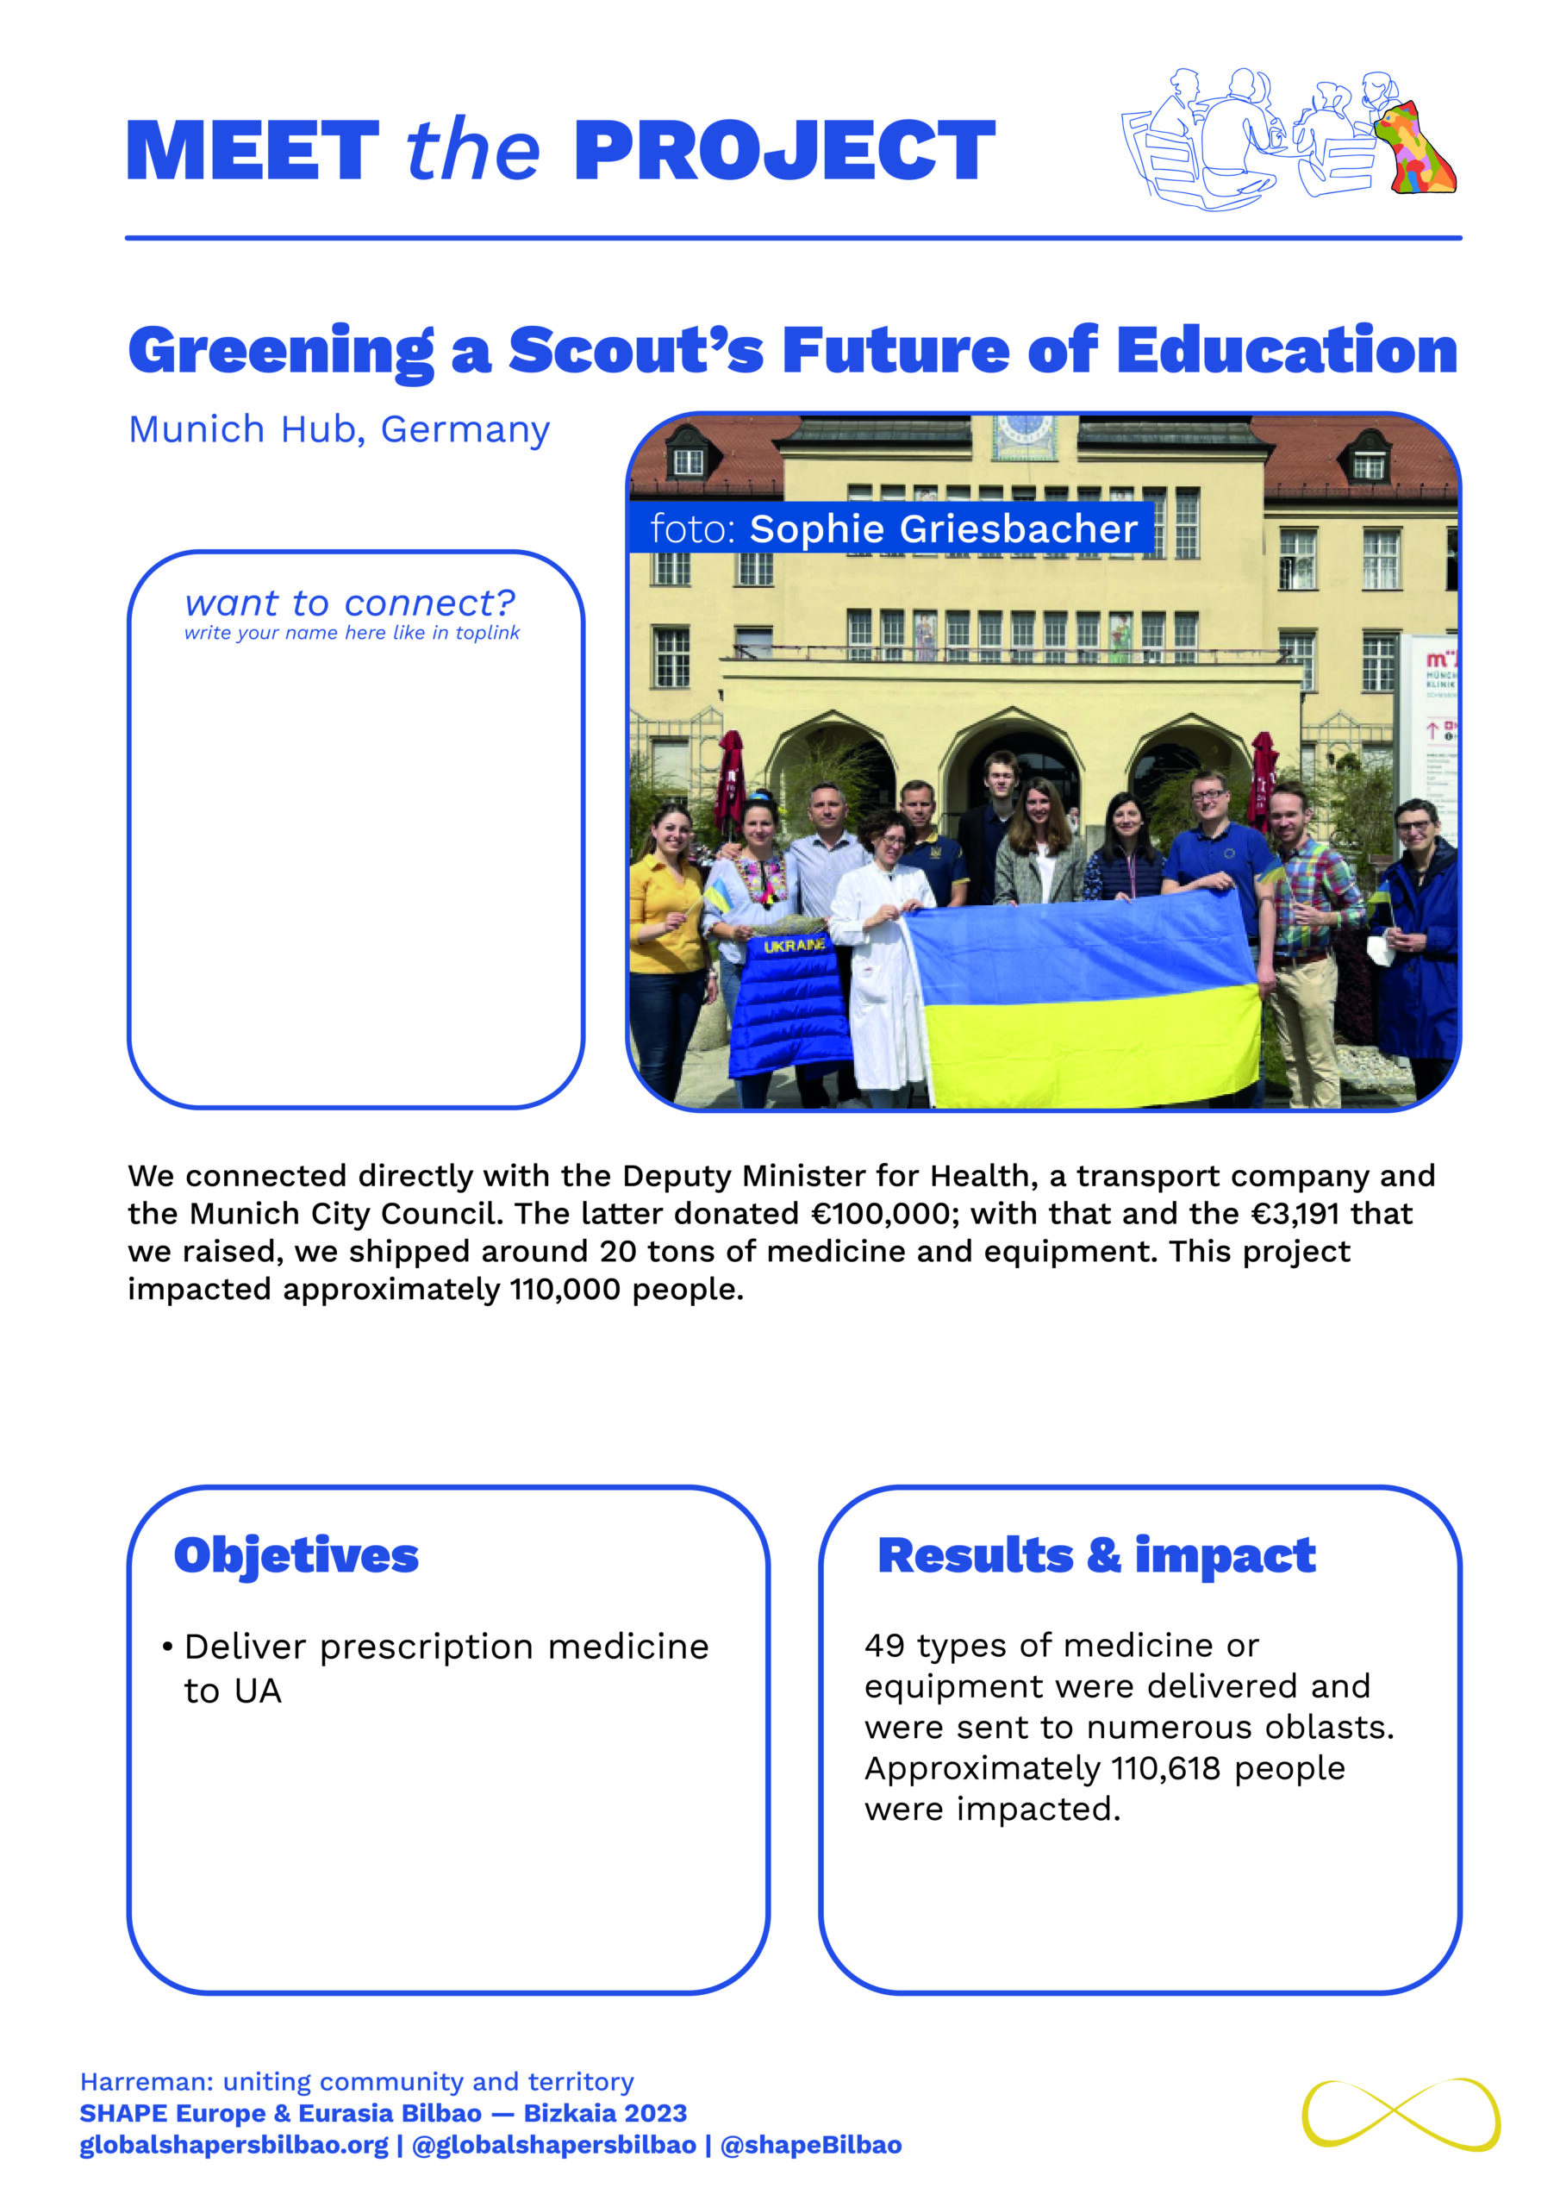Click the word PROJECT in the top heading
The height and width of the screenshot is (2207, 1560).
pos(783,151)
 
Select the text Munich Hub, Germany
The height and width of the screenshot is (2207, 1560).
pos(340,428)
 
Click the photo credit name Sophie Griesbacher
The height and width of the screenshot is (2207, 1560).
pos(943,528)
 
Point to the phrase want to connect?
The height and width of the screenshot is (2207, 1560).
pos(350,603)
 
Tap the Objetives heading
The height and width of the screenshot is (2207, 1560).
pos(296,1555)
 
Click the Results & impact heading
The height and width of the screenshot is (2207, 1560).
pos(1095,1555)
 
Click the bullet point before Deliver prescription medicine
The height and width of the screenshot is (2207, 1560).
pos(167,1647)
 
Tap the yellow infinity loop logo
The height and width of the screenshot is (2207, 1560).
pos(1401,2115)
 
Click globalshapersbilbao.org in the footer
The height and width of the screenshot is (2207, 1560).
pos(234,2146)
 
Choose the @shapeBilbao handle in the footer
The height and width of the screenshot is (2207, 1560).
pos(810,2146)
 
